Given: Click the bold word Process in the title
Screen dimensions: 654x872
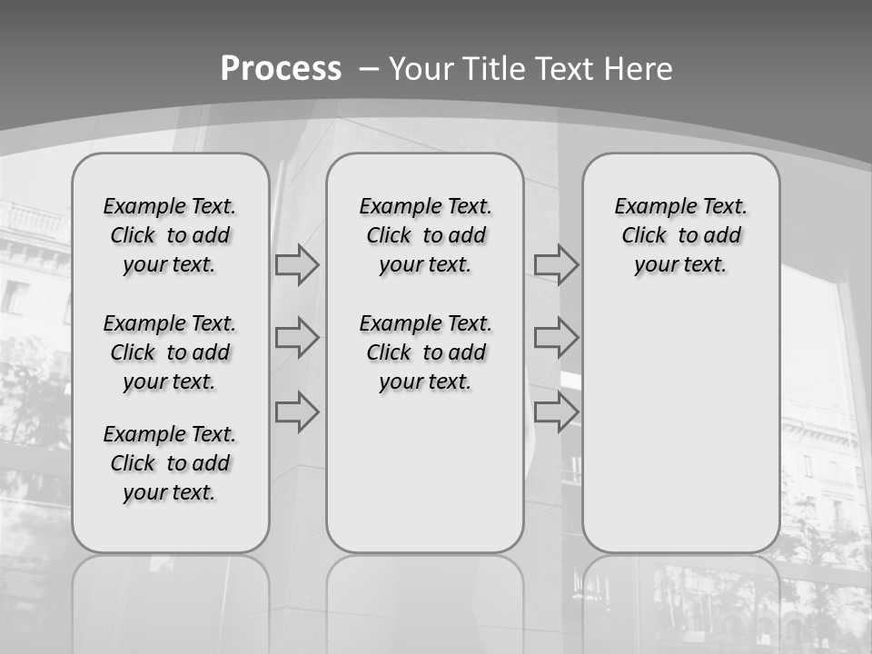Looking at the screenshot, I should point(281,69).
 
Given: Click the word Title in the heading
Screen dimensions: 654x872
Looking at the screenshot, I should point(495,69).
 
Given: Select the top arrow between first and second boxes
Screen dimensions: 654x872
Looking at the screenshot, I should point(297,265).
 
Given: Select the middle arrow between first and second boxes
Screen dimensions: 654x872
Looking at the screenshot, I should point(297,339).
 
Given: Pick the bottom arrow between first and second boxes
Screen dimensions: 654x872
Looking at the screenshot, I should point(297,411).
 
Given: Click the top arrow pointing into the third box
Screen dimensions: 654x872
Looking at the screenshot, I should point(556,265).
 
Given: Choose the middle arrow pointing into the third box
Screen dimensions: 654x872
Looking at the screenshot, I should point(556,339).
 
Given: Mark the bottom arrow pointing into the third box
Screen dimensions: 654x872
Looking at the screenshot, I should point(556,411).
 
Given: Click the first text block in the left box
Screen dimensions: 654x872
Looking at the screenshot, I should point(170,235).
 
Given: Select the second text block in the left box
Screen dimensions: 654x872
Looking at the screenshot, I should point(170,352).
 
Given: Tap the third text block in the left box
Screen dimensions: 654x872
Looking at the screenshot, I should point(170,463).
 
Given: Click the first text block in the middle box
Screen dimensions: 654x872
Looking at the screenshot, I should point(425,235).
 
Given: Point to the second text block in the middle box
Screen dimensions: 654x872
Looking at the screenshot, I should point(425,352).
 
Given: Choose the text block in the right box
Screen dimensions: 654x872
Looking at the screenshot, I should point(680,235).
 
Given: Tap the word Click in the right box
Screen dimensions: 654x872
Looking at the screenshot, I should point(644,236).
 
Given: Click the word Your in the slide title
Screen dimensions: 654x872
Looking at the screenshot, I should point(421,69).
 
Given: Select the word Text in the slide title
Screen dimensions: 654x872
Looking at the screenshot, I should point(564,69).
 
